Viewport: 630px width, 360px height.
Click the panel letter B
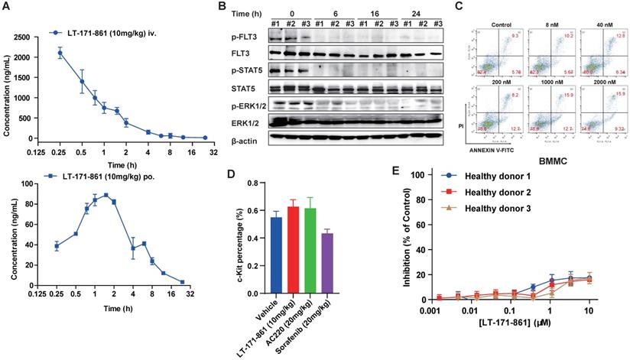222,7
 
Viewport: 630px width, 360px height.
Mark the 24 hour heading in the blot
424,13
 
